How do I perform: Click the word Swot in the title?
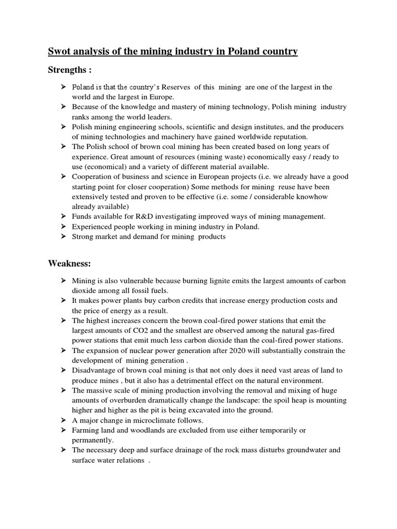coord(59,52)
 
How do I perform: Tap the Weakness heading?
coord(69,263)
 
